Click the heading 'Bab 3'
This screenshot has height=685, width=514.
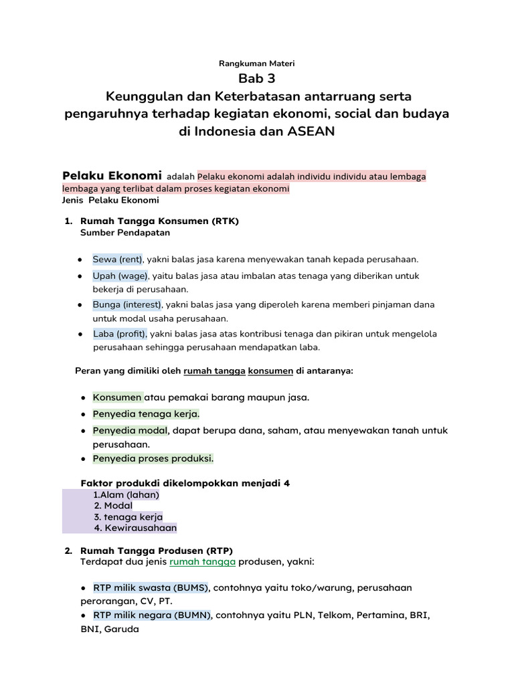[256, 79]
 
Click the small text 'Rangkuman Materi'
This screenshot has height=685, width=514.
[256, 64]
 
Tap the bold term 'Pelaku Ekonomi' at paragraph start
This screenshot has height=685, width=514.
[112, 176]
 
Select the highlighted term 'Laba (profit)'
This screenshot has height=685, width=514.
[120, 334]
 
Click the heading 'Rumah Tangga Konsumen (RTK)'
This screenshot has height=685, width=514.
[159, 221]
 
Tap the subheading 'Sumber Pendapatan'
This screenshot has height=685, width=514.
[124, 233]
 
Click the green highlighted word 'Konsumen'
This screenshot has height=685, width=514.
[117, 397]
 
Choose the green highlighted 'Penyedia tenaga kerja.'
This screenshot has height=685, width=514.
[146, 414]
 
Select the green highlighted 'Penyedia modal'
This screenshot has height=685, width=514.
[130, 431]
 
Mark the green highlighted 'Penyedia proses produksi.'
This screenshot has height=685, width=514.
[153, 459]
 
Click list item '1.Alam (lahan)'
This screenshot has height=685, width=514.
[126, 495]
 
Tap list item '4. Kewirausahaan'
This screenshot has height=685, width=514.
[135, 528]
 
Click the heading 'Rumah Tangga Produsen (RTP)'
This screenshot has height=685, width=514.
[156, 551]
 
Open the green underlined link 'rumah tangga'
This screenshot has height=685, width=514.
[203, 563]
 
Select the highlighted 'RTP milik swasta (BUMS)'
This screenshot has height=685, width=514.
[151, 587]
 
